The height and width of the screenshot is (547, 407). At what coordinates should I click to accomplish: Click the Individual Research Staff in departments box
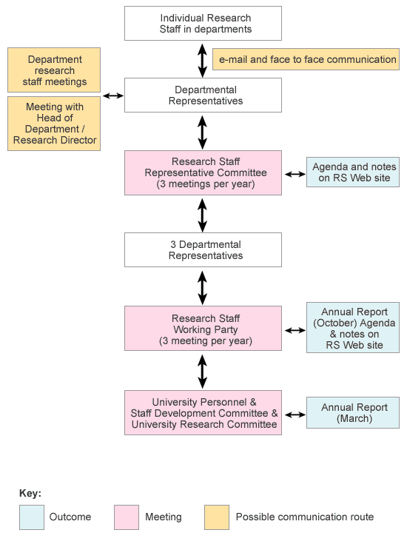[x=203, y=24]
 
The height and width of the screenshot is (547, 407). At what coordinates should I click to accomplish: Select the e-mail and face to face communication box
[x=306, y=59]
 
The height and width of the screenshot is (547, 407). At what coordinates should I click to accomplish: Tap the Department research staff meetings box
[x=54, y=70]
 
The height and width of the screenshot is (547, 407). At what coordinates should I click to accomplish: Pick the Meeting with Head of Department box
[x=54, y=124]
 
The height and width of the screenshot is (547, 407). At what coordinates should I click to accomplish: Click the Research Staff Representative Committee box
[x=203, y=172]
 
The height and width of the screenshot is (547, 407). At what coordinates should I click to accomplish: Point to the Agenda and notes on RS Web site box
[x=353, y=172]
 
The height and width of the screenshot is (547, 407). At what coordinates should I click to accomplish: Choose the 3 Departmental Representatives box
[x=203, y=249]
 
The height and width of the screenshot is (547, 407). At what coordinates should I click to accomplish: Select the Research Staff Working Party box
[x=203, y=328]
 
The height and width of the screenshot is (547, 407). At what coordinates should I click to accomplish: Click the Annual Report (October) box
[x=353, y=328]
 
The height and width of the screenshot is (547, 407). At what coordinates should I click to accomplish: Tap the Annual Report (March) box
[x=353, y=412]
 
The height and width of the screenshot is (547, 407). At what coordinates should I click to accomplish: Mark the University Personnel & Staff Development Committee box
[x=203, y=413]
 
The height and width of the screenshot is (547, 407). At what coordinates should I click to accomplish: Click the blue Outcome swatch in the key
[x=32, y=517]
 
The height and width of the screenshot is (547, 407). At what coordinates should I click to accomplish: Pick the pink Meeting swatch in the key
[x=127, y=517]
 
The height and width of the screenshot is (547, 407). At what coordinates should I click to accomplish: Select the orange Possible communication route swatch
[x=217, y=517]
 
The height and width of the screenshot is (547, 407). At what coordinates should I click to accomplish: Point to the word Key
[x=30, y=493]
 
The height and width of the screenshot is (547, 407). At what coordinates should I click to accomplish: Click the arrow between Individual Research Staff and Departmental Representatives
[x=202, y=61]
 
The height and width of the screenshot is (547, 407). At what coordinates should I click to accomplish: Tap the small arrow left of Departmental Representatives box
[x=113, y=95]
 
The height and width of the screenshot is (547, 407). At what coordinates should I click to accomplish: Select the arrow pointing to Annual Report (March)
[x=295, y=415]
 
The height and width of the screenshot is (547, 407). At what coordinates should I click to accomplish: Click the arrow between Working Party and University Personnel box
[x=202, y=371]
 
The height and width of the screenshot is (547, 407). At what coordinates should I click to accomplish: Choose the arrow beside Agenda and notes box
[x=295, y=174]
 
